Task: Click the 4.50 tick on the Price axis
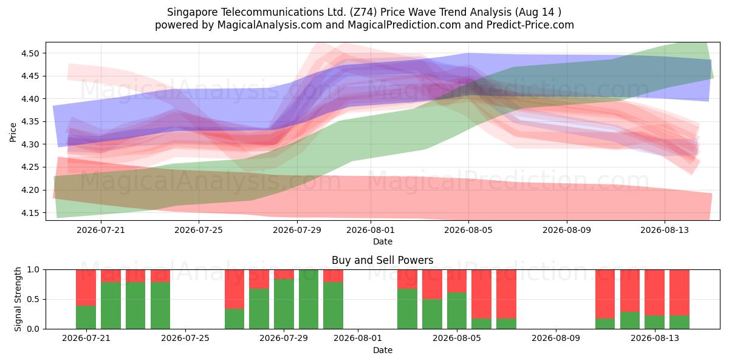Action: click(30, 53)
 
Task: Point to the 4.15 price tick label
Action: click(30, 213)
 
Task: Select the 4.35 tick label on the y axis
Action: click(30, 121)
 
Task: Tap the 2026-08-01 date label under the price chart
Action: click(371, 230)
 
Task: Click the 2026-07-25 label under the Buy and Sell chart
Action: click(185, 338)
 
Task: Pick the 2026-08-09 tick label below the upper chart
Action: click(567, 230)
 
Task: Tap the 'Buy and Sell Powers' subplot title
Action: click(382, 260)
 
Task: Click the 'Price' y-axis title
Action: click(13, 132)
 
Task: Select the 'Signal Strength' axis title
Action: click(18, 299)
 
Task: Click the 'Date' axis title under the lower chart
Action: click(382, 350)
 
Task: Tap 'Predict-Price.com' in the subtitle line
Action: click(530, 25)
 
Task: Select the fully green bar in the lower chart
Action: click(309, 299)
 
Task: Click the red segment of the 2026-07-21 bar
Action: click(86, 288)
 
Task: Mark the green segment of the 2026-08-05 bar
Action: click(457, 311)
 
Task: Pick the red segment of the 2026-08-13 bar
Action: click(654, 292)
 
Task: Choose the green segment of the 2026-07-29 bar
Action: click(284, 304)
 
